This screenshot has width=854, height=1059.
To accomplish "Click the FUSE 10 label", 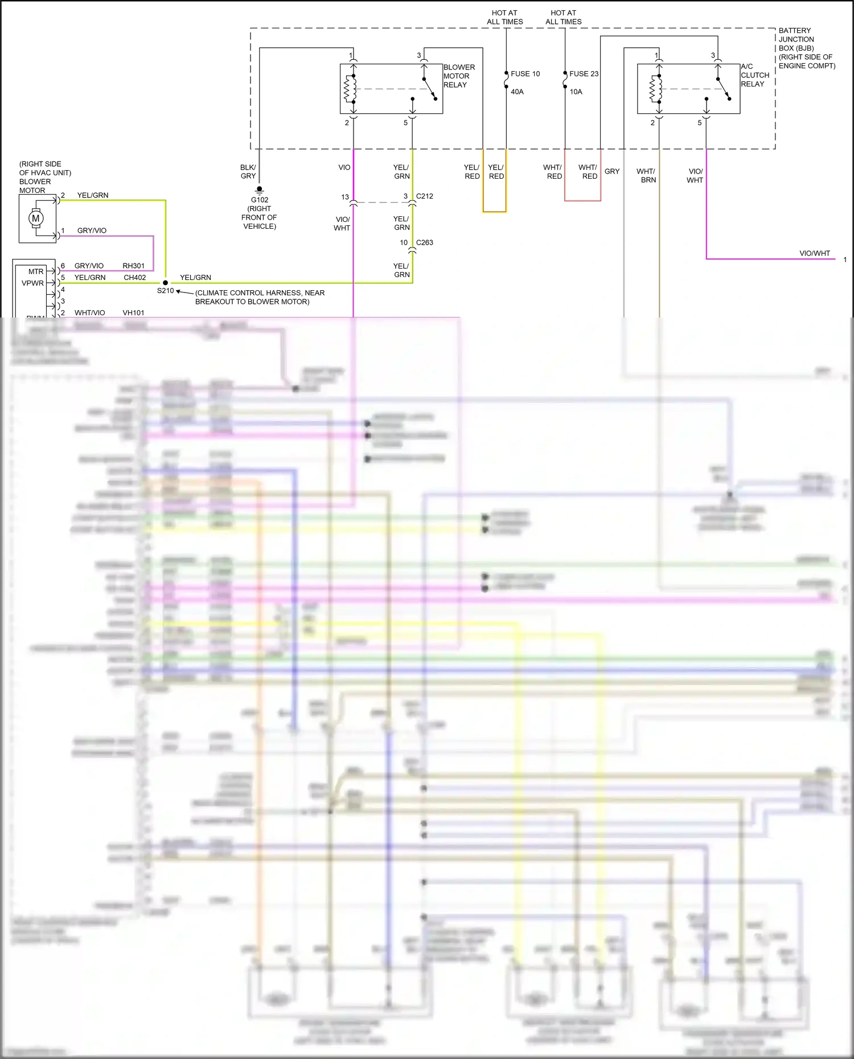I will (525, 74).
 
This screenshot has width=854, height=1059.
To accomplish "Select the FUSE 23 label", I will (584, 74).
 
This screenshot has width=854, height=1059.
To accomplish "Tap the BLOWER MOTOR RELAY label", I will (459, 76).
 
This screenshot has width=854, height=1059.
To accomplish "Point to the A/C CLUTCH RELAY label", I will (755, 75).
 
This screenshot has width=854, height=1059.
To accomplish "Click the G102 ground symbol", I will (260, 189).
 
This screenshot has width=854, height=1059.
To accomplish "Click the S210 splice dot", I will (166, 283).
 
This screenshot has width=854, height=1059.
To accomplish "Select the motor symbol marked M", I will (36, 219).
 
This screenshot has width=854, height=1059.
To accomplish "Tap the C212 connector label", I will (425, 196).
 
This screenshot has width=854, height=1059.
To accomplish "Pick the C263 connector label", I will (425, 242).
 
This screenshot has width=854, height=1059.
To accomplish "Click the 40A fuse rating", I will (517, 92).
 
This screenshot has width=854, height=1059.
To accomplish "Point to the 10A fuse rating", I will (576, 92).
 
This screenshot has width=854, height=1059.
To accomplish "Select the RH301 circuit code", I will (134, 266).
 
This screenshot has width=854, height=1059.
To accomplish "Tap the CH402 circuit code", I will (135, 278).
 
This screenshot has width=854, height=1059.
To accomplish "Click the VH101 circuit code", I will (134, 313).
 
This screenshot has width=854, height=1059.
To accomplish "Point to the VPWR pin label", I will (32, 283).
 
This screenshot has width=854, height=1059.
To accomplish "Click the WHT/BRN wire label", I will (646, 175).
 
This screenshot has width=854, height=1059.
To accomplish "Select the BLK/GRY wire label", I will (248, 172).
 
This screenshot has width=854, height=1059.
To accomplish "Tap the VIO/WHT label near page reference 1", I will (815, 254).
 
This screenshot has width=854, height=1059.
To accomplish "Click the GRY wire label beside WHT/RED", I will (612, 171).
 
